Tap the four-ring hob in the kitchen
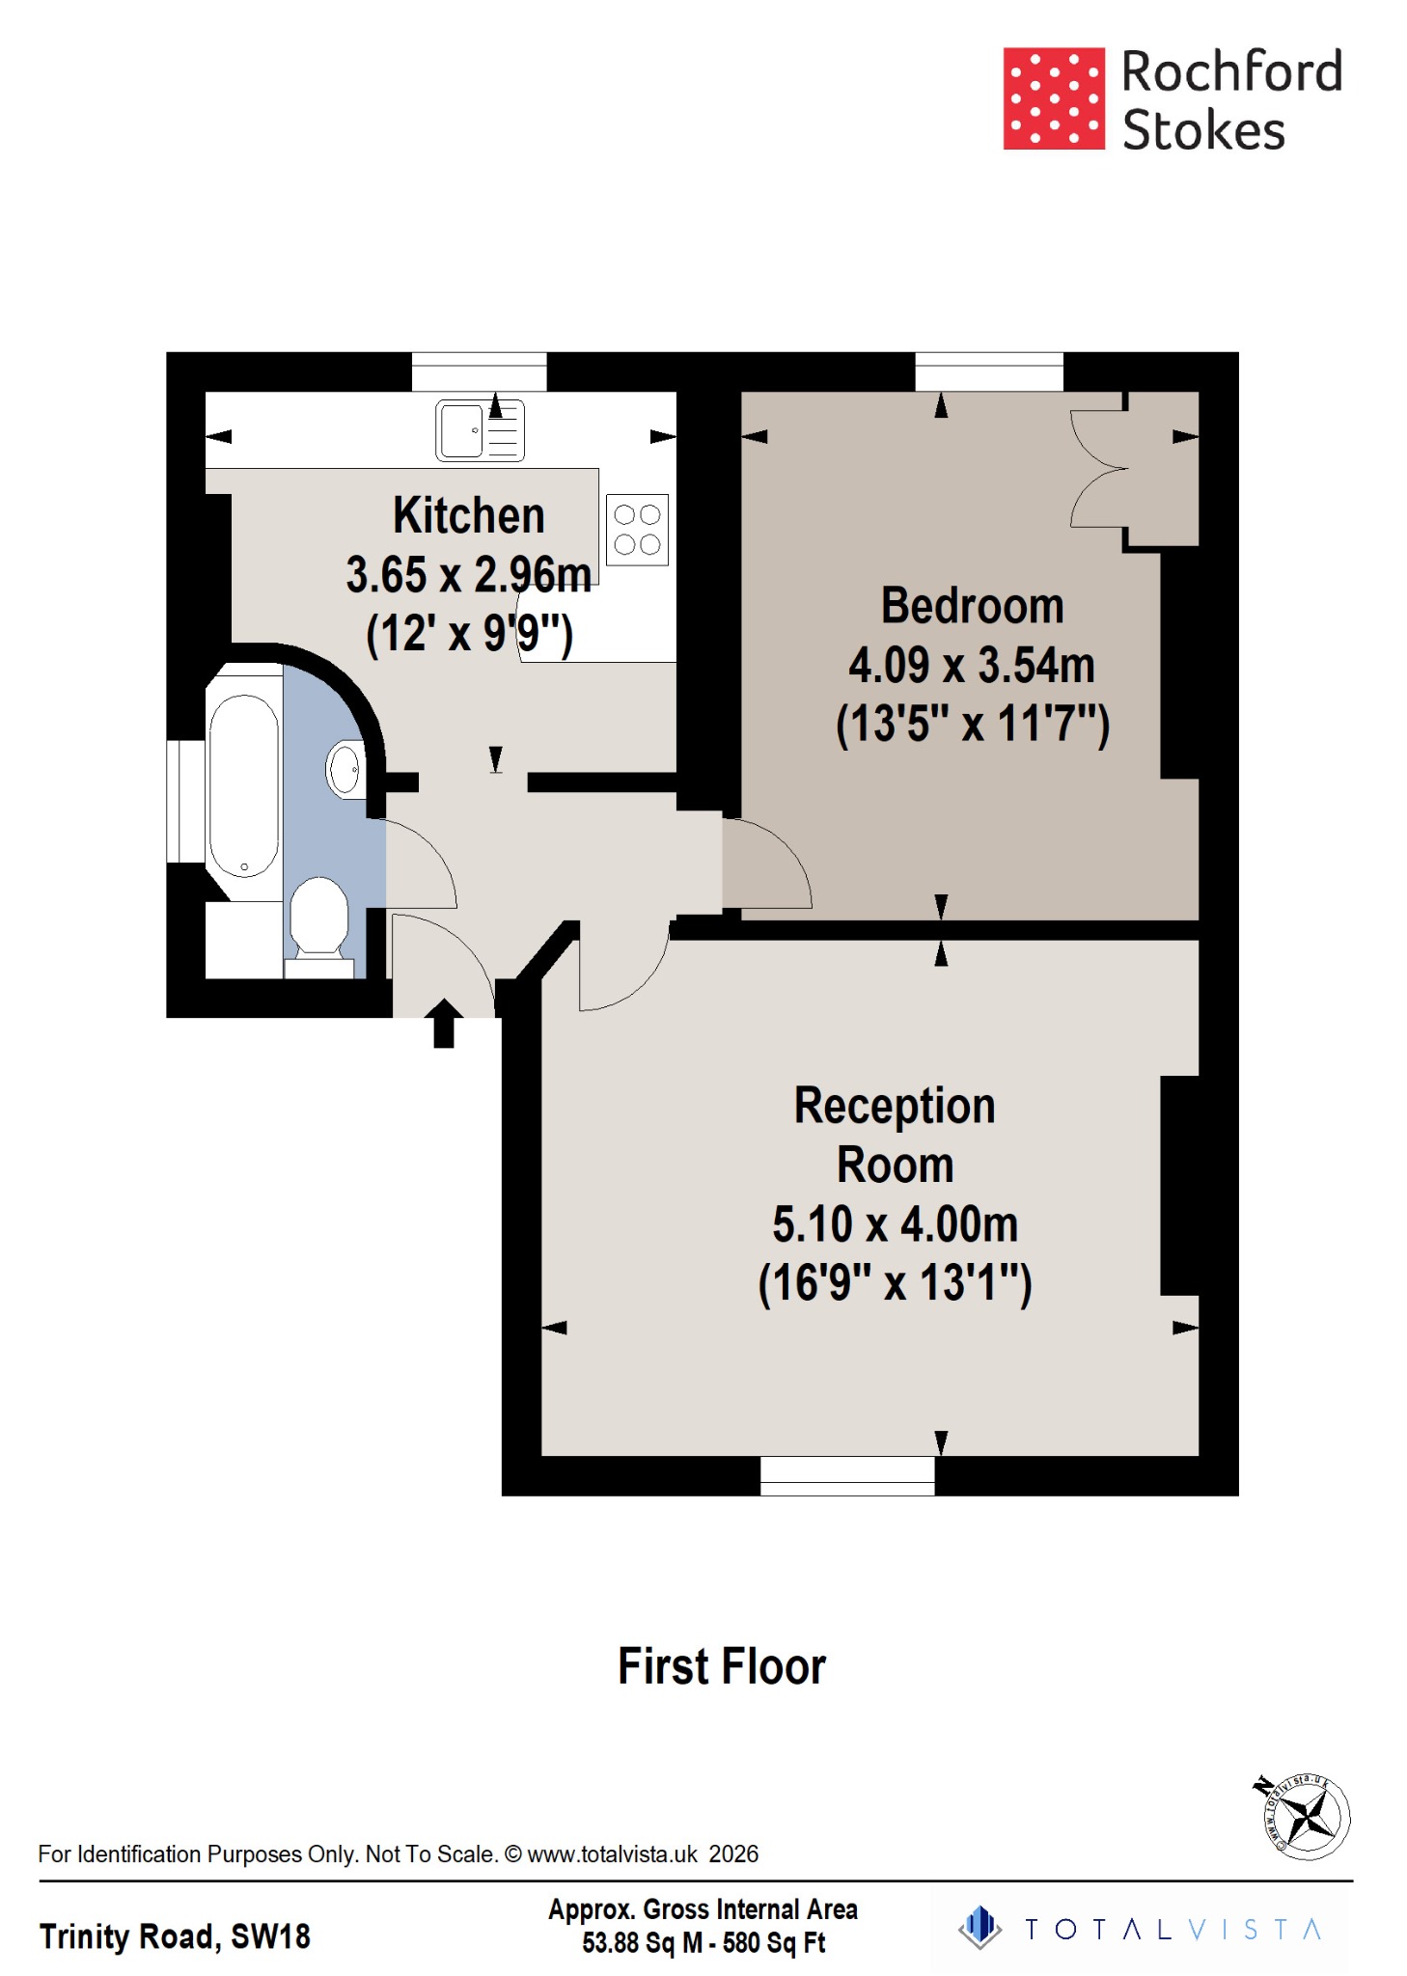point(637,530)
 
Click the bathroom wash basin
point(345,770)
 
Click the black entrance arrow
point(443,1023)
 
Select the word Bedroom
point(972,606)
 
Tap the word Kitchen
point(469,515)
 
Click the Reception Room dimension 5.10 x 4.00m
point(895,1224)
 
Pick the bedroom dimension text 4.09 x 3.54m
point(972,665)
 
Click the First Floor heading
point(722,1666)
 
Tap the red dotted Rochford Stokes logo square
point(1053,98)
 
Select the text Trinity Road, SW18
point(175,1935)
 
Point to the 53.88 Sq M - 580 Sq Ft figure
point(703,1942)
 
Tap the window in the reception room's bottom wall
point(847,1475)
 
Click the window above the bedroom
point(988,371)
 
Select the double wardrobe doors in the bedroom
point(1098,470)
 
